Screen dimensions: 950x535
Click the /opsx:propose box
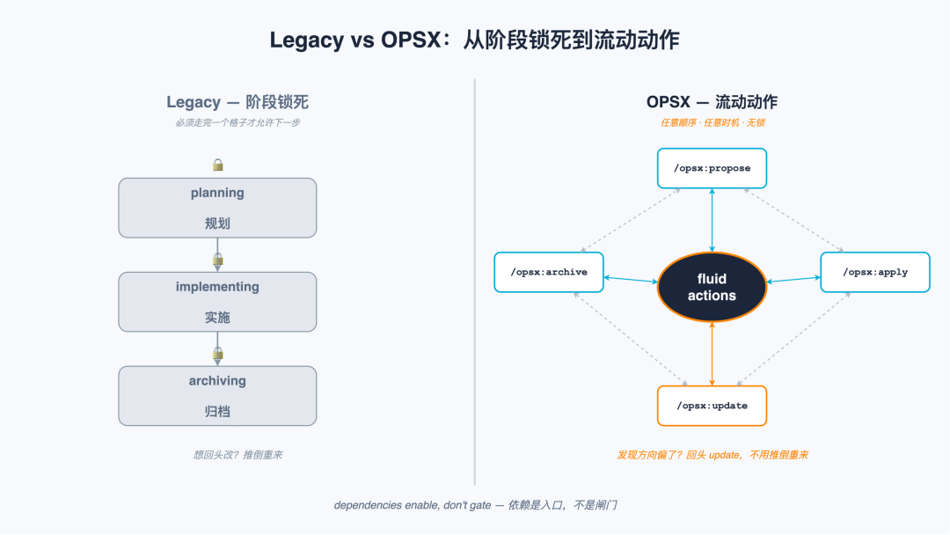coord(712,168)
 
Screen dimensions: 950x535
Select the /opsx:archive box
coord(549,272)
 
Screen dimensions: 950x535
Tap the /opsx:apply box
coord(875,272)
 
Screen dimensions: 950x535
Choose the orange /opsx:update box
coord(712,406)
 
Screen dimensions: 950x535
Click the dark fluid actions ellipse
coord(712,287)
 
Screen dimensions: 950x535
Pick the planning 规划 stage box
coord(217,208)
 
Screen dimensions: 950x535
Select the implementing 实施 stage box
coord(217,302)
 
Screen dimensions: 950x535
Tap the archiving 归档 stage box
coord(217,396)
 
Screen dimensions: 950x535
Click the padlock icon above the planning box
coord(217,165)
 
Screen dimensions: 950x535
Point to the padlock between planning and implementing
coord(217,260)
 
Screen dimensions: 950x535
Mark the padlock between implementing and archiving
coord(217,353)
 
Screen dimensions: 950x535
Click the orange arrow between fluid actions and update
coord(712,354)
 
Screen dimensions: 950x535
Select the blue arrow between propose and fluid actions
coord(712,220)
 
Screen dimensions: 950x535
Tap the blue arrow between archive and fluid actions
coord(631,279)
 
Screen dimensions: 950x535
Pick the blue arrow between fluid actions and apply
coord(793,279)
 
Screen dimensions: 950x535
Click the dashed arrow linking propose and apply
coord(793,220)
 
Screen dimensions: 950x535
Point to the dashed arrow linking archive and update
coord(631,339)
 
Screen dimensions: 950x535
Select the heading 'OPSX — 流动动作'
coord(712,102)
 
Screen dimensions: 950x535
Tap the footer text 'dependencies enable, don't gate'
coord(413,505)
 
